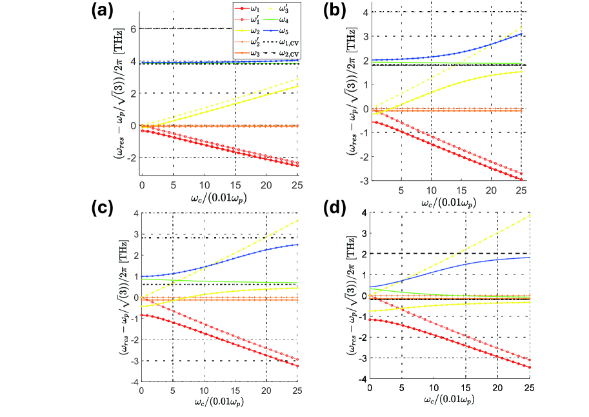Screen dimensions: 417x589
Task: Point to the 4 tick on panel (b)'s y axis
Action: (364, 12)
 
